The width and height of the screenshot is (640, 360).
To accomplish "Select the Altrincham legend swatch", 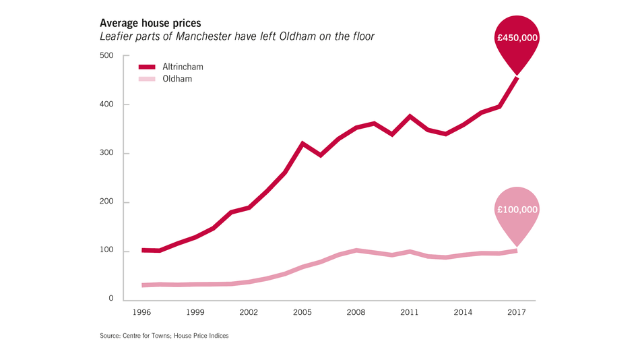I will click(x=147, y=67).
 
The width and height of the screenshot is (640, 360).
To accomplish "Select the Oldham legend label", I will click(x=177, y=79).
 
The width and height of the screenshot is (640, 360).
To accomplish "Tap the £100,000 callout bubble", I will click(x=517, y=210).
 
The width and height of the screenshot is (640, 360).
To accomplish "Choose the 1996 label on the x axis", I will click(x=141, y=313).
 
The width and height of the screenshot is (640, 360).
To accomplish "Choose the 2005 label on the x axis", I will click(x=302, y=313).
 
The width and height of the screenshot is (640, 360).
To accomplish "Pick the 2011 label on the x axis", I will click(x=410, y=313).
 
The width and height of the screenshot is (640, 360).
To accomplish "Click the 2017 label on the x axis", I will click(x=517, y=313).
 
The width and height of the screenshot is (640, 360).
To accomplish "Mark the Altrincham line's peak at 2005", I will click(x=302, y=143).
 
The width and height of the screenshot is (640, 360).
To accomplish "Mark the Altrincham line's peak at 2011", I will click(x=410, y=116).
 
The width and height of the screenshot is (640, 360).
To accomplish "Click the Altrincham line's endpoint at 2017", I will click(x=517, y=78).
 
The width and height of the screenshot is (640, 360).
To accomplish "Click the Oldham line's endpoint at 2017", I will click(x=516, y=251).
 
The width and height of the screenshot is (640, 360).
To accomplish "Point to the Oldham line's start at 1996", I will click(x=142, y=285).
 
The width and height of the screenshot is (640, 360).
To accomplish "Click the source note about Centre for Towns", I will click(x=164, y=336).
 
